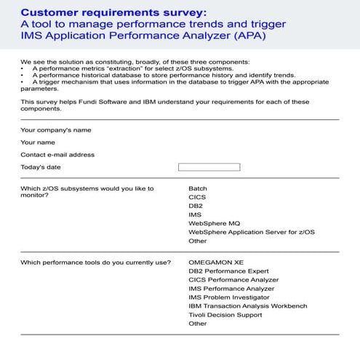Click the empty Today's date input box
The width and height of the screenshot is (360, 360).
[209, 167]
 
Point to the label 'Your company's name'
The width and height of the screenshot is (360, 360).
[56, 130]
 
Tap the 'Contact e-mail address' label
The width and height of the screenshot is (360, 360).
[57, 155]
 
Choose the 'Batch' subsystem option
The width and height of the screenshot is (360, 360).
[198, 188]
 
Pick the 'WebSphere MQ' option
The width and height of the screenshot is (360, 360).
[214, 223]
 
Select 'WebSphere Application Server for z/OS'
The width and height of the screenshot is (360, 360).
[251, 232]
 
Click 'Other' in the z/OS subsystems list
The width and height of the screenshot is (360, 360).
[198, 241]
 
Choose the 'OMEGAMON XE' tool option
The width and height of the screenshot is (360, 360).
[216, 263]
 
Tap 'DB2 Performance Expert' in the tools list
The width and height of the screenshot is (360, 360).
[228, 271]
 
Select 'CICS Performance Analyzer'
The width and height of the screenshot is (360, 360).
[233, 280]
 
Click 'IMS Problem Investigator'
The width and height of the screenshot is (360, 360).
[228, 297]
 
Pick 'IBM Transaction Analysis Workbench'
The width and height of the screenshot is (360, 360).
[247, 306]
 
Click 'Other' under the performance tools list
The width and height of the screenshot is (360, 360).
[198, 324]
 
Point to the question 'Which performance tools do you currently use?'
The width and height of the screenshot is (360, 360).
[96, 263]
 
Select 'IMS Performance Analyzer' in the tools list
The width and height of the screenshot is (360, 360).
[231, 289]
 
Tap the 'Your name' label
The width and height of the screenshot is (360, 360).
[38, 143]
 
